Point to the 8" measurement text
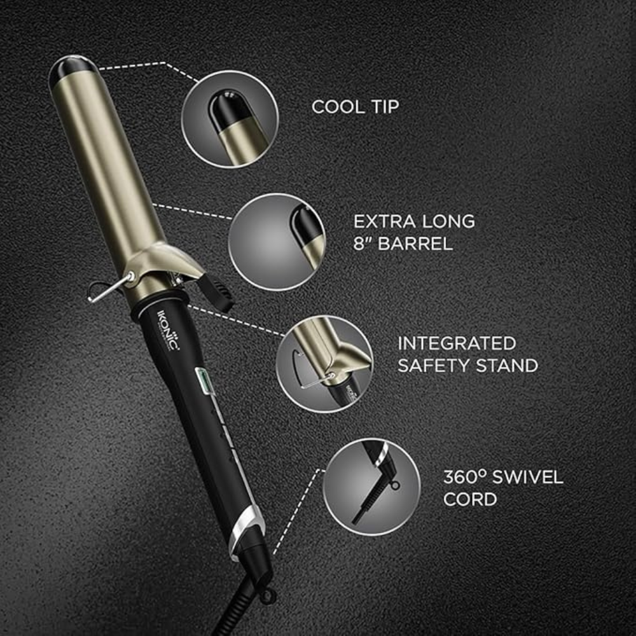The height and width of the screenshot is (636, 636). tap(363, 244)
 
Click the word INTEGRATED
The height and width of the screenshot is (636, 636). tap(457, 343)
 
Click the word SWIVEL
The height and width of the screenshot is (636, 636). tap(533, 477)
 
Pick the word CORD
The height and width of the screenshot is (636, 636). tap(470, 499)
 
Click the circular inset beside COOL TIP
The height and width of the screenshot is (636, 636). tap(230, 119)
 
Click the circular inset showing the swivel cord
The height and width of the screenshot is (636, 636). tap(371, 487)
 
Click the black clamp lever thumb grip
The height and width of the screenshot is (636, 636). tap(218, 296)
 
